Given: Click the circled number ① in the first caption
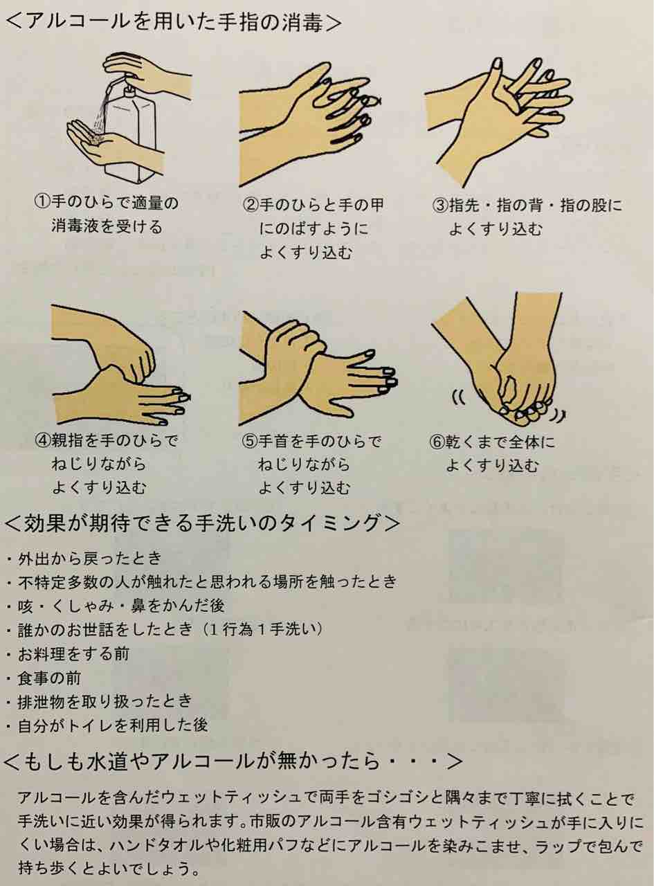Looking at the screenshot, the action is coord(43,203).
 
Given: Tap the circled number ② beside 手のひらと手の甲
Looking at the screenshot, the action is coord(251,206).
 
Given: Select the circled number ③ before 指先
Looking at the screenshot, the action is coord(441,206).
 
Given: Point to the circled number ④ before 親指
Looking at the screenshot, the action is coord(44,441).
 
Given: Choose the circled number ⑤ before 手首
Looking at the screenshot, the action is coord(251,442).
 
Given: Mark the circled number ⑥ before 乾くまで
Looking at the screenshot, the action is coord(437,442).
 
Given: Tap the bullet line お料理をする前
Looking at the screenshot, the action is coord(69,654).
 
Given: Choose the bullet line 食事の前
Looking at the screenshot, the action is coord(45,678).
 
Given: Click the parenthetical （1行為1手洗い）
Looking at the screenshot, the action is coord(262,630).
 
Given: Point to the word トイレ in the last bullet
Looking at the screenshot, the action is coord(89,725).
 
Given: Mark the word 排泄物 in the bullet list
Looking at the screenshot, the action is coord(42,702).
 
